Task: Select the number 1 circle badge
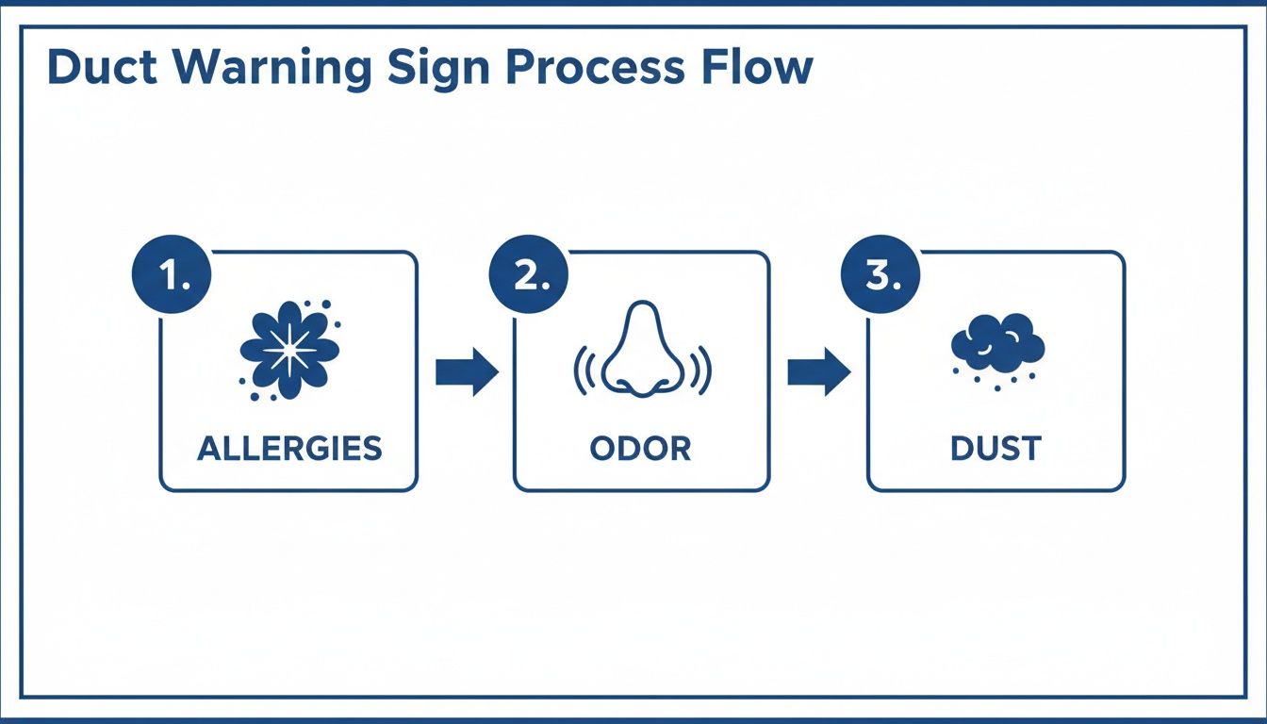(x=173, y=276)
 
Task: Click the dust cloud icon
(x=997, y=344)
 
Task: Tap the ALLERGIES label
(x=289, y=449)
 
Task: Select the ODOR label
(x=641, y=449)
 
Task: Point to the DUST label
(x=995, y=449)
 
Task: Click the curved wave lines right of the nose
(x=701, y=371)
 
